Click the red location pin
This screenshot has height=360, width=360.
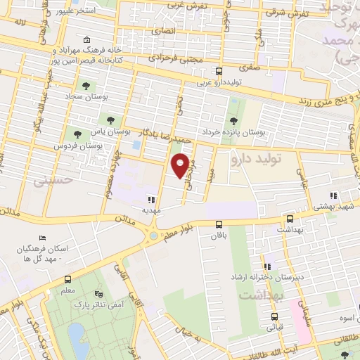tap(181, 165)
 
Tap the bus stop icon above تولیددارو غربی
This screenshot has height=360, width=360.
tap(219, 71)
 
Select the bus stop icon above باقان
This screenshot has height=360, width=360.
tap(220, 225)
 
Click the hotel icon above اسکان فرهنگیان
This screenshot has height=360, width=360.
tap(41, 238)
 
